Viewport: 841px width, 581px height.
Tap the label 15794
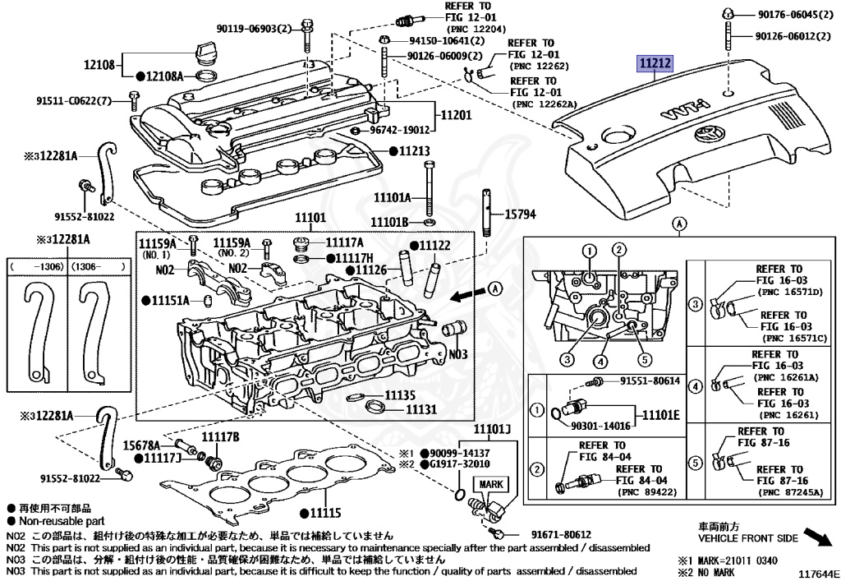(520, 214)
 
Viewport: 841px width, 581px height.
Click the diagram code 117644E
(815, 572)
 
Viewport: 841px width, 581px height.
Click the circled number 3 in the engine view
(567, 357)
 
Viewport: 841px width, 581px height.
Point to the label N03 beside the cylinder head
(458, 354)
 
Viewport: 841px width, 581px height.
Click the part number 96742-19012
(399, 130)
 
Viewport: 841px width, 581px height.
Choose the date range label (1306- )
(98, 267)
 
